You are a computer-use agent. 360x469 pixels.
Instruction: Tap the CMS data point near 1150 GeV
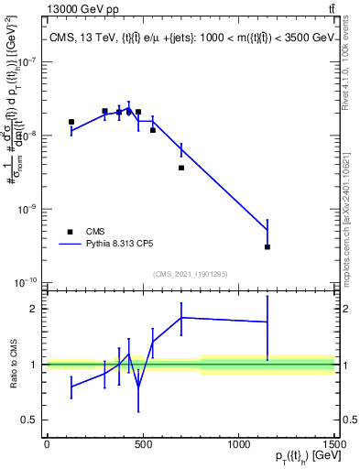(267, 246)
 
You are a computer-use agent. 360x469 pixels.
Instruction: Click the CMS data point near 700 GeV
(181, 168)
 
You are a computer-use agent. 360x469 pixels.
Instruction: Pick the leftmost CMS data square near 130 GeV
(71, 122)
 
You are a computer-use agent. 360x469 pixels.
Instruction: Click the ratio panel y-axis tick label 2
(37, 309)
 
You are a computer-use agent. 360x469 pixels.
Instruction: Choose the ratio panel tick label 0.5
(32, 420)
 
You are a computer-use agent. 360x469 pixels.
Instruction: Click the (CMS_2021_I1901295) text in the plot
(190, 274)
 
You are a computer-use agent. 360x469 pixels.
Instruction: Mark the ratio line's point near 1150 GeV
(267, 322)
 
